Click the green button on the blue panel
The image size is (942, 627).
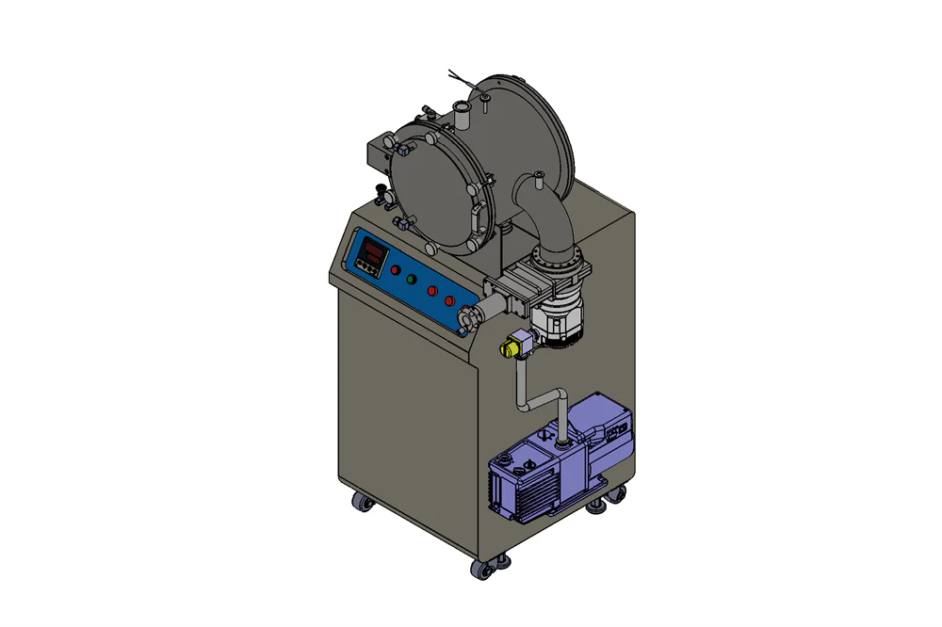point(411,280)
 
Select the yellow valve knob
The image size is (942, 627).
point(509,347)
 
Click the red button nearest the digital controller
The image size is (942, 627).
point(395,271)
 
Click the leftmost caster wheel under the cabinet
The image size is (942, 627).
point(361,504)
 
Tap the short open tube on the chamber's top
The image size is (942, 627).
point(462,117)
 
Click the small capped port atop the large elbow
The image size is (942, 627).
point(539,178)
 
